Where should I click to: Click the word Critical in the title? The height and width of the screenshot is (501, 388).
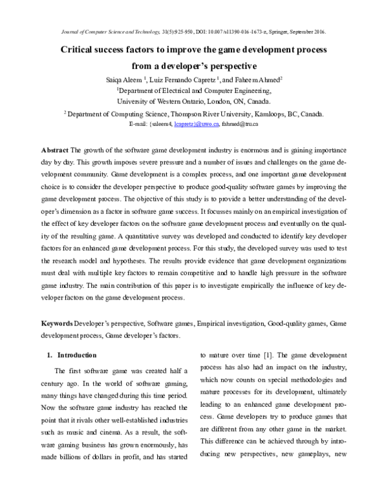coord(80,50)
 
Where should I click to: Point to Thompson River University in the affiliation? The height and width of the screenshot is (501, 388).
coord(203,113)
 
